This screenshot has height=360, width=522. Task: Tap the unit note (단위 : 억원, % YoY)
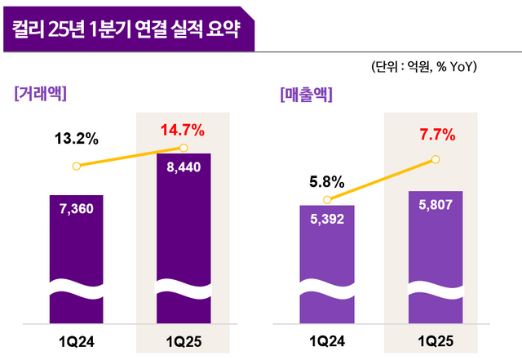pyautogui.click(x=423, y=66)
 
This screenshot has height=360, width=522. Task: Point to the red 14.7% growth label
pyautogui.click(x=184, y=129)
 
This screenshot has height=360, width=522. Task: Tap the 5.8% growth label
pyautogui.click(x=326, y=181)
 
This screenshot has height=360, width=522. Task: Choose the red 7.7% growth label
pyautogui.click(x=435, y=135)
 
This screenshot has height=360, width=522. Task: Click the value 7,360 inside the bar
pyautogui.click(x=77, y=209)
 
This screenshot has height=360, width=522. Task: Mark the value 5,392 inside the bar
pyautogui.click(x=326, y=218)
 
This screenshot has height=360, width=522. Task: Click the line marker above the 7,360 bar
pyautogui.click(x=77, y=166)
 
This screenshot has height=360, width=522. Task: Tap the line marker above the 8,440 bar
pyautogui.click(x=184, y=148)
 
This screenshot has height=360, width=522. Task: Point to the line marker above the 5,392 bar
pyautogui.click(x=326, y=199)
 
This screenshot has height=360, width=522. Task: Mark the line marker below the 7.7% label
pyautogui.click(x=435, y=159)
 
